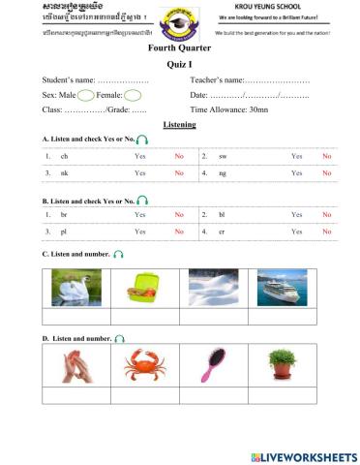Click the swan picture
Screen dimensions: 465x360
pos(76,288)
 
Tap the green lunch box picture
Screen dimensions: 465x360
pos(144,288)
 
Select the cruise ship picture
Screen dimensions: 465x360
pos(282,288)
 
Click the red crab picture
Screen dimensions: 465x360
pos(145,365)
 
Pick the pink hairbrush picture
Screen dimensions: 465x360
pos(213,365)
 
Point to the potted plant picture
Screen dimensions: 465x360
pos(282,365)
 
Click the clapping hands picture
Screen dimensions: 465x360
pos(76,365)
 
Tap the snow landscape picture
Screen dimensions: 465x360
pos(213,288)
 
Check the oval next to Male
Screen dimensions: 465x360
pos(85,95)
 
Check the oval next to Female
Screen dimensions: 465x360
pos(133,95)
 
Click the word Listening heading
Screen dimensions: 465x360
pos(179,125)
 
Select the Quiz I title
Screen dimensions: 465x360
pos(179,64)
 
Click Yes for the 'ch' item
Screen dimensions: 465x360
pos(140,156)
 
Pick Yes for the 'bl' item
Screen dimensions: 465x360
pos(296,215)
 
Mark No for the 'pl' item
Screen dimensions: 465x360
pos(179,232)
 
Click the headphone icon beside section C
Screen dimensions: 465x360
pos(119,254)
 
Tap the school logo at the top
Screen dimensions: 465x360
pos(179,23)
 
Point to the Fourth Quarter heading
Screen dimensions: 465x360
pos(179,46)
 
